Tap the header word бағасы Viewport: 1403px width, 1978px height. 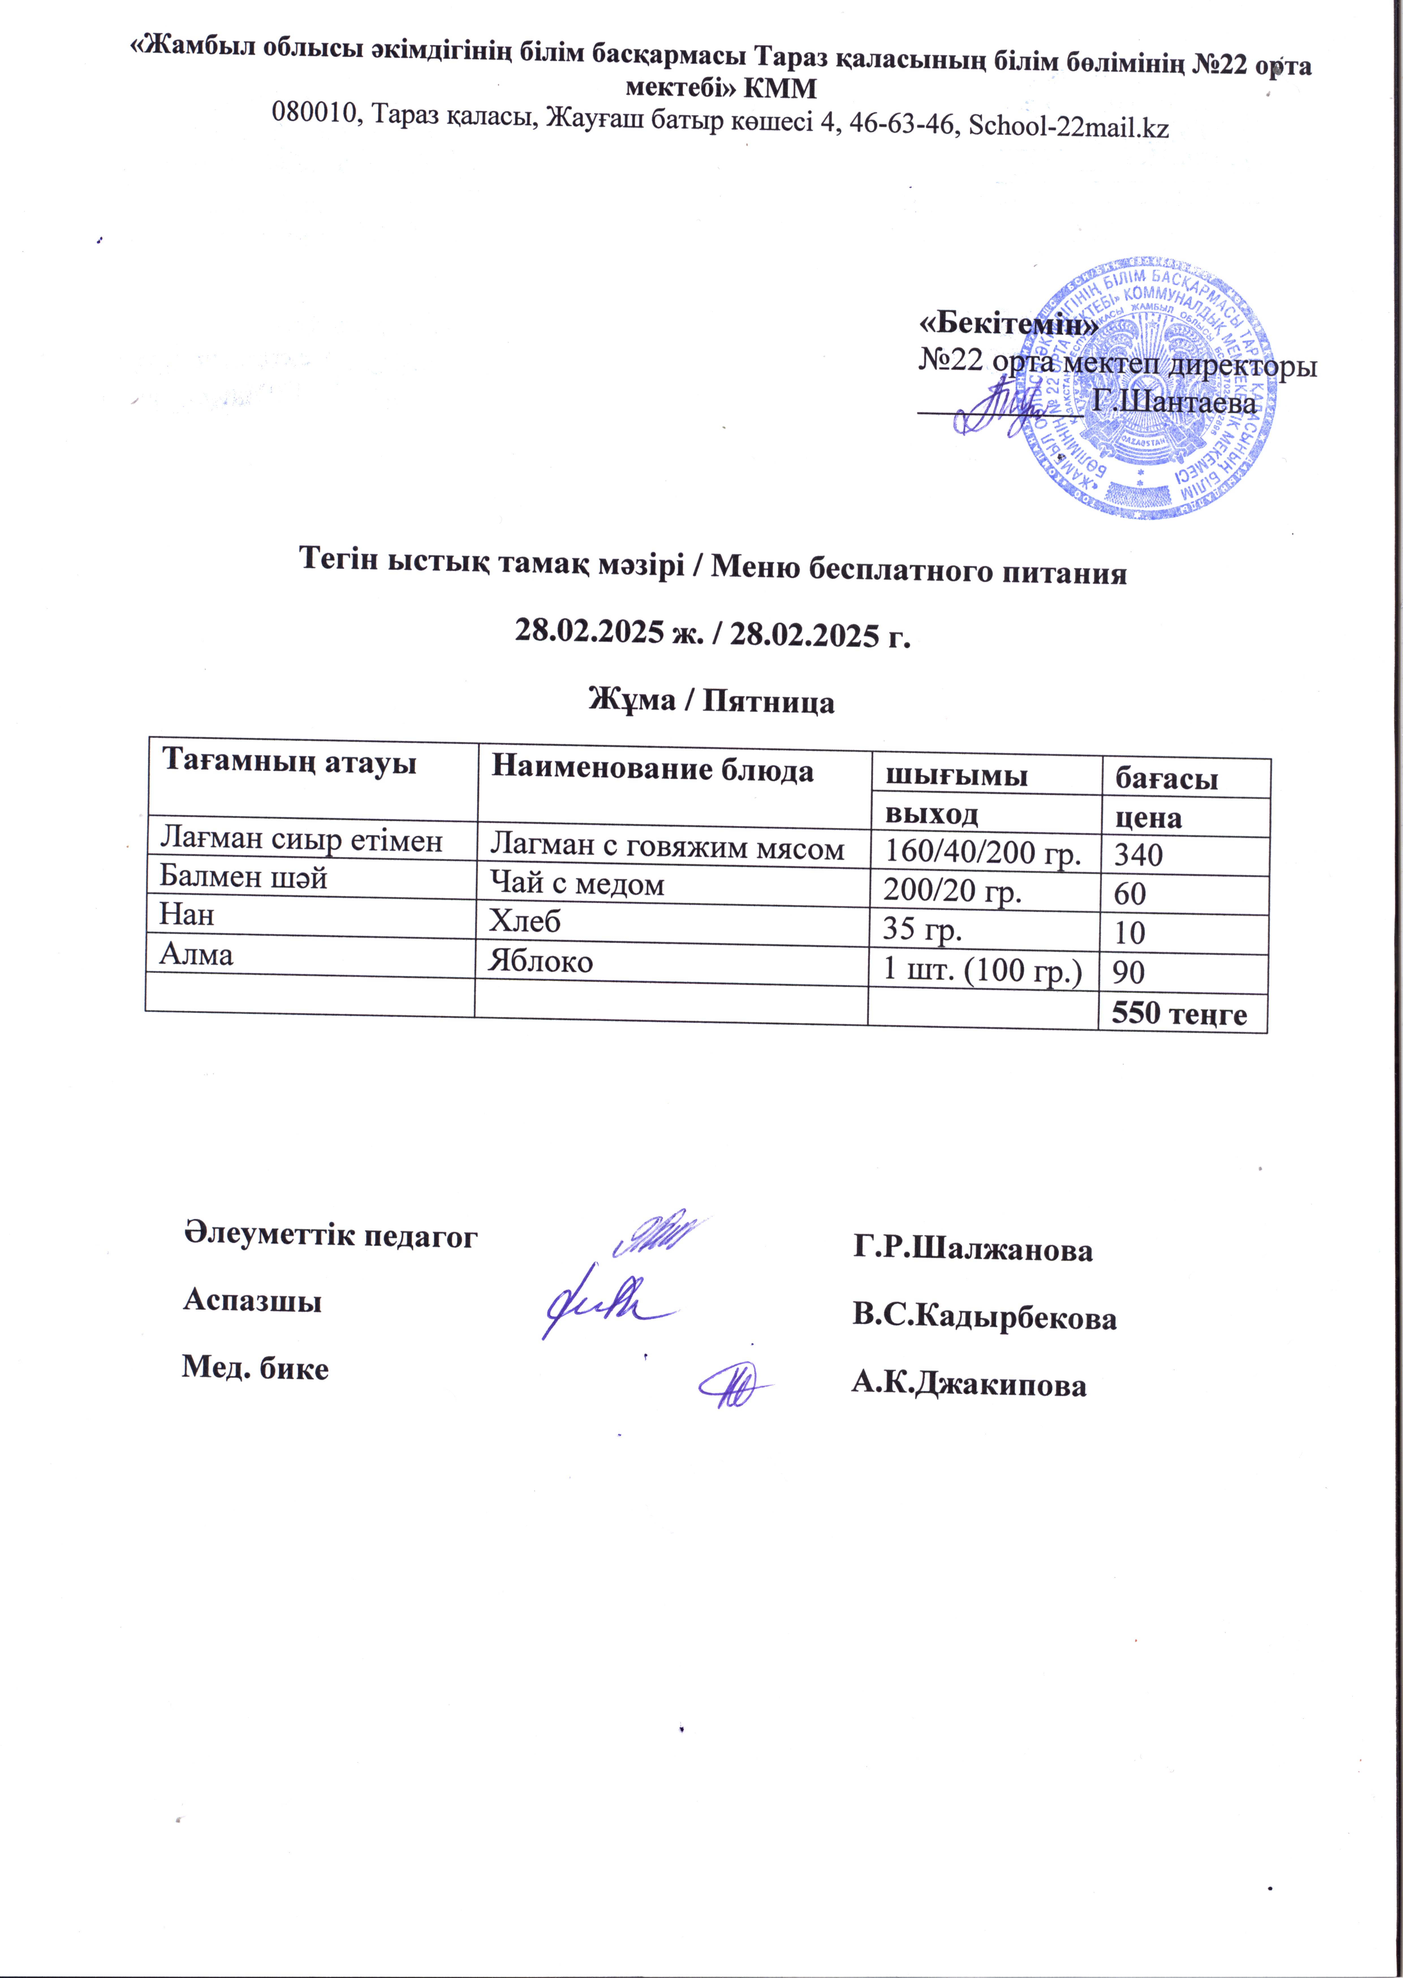(x=1166, y=778)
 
